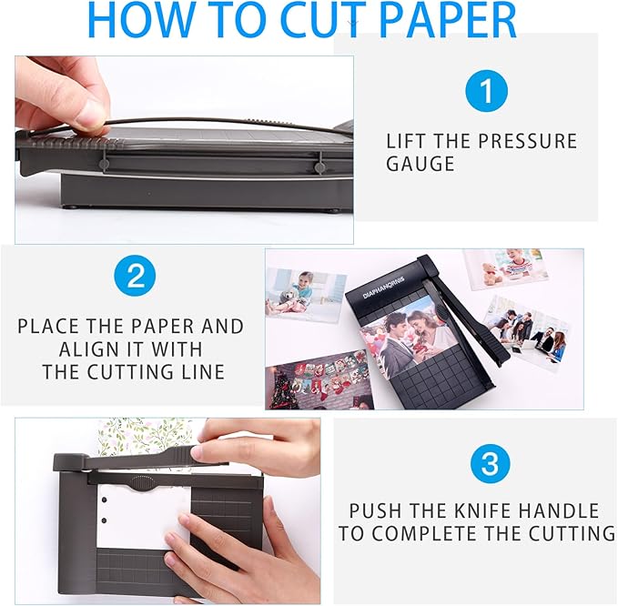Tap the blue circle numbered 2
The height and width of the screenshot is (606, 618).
[x=135, y=276]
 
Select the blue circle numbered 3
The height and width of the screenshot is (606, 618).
[x=489, y=464]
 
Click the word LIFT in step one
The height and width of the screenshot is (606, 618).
[x=408, y=141]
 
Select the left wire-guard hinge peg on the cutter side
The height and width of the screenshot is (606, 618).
[x=105, y=165]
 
